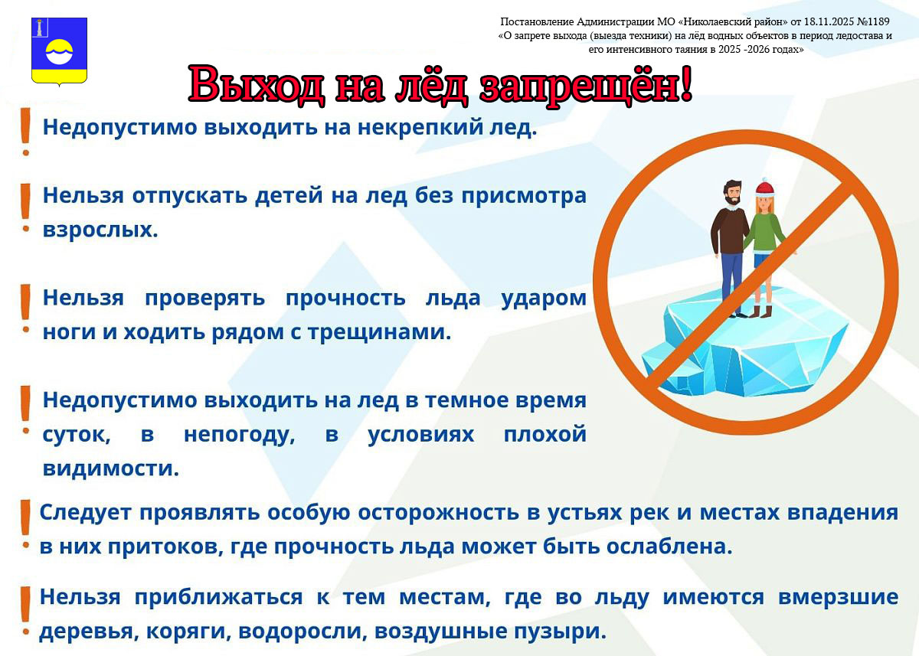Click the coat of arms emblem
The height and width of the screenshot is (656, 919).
[60, 51]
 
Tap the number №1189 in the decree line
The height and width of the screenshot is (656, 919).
[872, 21]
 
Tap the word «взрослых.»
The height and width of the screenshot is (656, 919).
[100, 230]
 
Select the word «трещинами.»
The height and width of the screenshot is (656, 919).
[380, 332]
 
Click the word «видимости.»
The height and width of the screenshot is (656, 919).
[111, 468]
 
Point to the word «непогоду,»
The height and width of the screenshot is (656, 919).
[240, 435]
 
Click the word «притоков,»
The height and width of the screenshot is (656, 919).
[165, 547]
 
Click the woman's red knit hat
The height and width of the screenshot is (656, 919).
[765, 188]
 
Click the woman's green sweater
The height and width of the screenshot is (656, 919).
[766, 233]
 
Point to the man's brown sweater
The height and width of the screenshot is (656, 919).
[729, 230]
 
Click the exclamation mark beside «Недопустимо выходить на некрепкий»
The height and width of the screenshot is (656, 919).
[26, 131]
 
